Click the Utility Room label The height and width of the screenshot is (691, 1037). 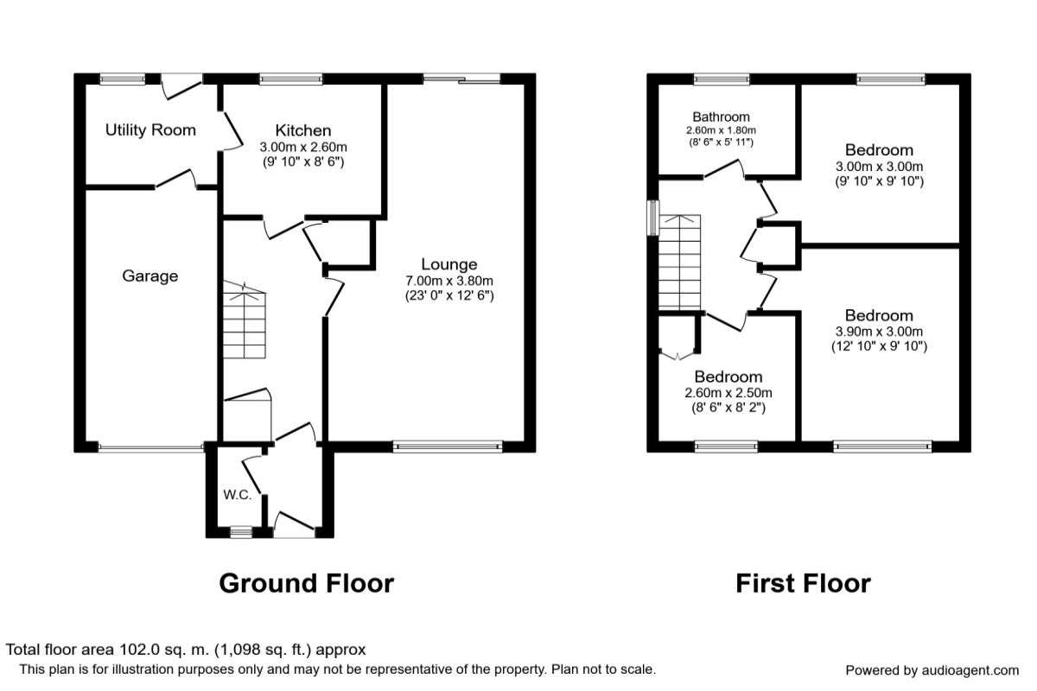tap(150, 130)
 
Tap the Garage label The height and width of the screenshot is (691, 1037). tap(150, 276)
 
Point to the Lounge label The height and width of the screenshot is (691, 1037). tap(449, 264)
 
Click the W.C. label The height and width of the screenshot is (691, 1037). tap(237, 495)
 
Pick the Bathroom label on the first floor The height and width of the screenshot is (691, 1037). tap(721, 117)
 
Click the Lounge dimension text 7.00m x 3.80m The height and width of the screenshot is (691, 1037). tap(449, 281)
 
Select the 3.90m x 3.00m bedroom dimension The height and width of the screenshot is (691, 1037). tap(879, 332)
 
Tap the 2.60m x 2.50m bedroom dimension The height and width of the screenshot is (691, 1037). tap(728, 392)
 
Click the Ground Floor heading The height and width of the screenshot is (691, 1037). tap(306, 583)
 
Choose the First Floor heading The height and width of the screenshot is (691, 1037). tap(803, 583)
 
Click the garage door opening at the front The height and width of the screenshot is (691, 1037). tap(150, 447)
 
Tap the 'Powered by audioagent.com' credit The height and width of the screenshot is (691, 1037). tap(932, 670)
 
